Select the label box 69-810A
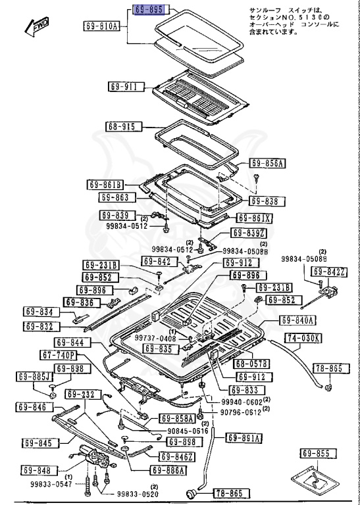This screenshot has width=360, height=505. pos(102,26)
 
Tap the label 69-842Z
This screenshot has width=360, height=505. pos(328,272)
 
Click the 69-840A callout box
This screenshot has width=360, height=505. pos(299,320)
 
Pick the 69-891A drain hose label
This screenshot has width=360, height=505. pos(244,438)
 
